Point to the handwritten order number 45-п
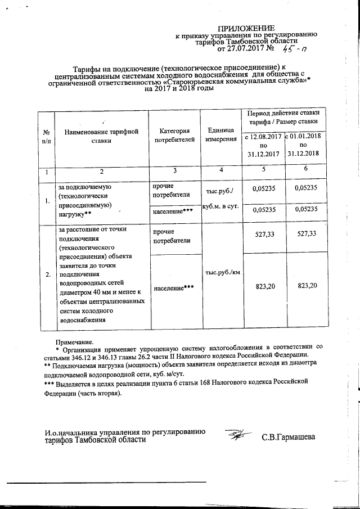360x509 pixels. click(292, 49)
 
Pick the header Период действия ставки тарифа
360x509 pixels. click(283, 116)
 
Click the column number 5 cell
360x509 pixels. click(263, 170)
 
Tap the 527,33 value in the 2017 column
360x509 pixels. click(263, 234)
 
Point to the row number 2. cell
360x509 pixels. click(47, 274)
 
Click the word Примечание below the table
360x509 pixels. click(75, 341)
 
